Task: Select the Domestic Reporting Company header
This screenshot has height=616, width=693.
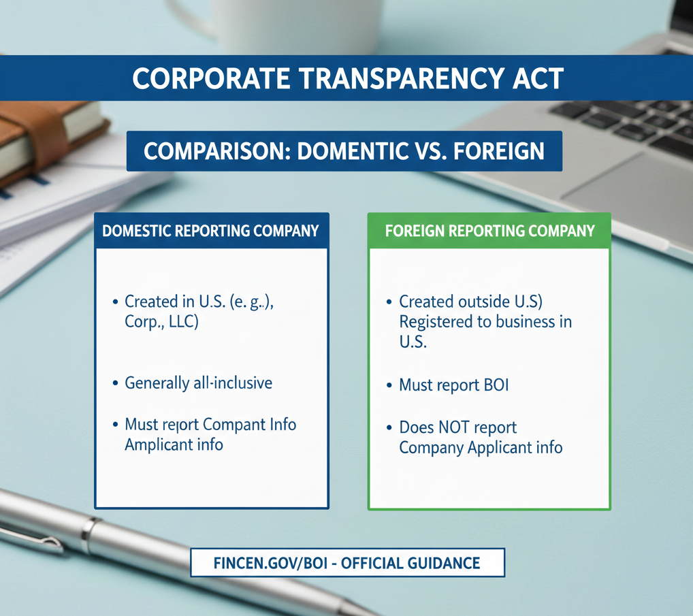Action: tap(210, 231)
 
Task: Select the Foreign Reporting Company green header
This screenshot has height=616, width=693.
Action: tap(489, 231)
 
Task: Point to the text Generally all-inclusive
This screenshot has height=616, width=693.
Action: tap(198, 383)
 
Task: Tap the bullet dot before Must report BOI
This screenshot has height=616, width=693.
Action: tap(389, 386)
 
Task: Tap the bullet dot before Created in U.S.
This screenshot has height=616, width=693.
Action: tap(114, 301)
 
